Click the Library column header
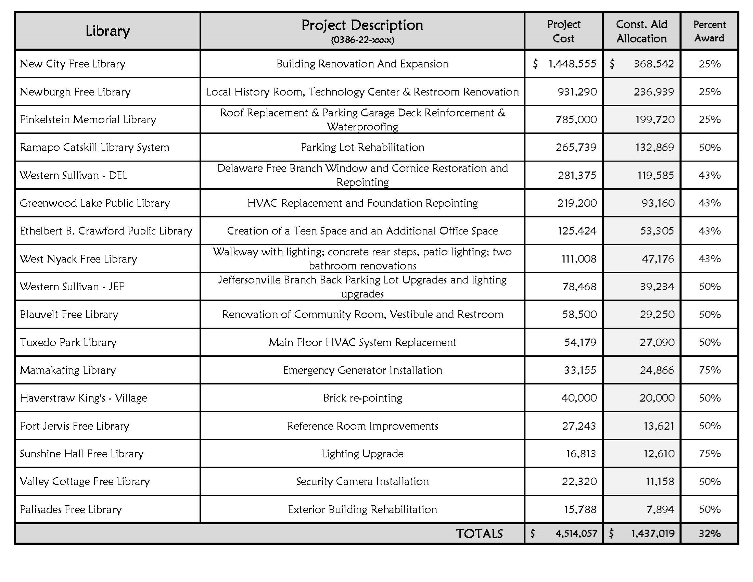point(107,31)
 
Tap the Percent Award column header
point(709,31)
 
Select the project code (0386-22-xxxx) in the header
point(362,40)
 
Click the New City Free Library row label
point(73,64)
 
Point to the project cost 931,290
point(577,92)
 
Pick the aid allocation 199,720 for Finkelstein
point(655,119)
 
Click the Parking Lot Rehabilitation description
point(362,148)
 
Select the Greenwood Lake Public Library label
point(95,203)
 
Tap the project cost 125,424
point(577,231)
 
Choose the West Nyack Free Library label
point(78,258)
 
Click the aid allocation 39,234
point(657,287)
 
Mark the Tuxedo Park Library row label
point(68,342)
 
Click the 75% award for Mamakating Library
point(710,370)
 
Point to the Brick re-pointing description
point(362,398)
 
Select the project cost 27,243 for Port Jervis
point(579,426)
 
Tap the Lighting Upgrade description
point(362,454)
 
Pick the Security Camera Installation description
point(362,481)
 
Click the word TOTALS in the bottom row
point(479,534)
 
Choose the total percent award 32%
point(710,534)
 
